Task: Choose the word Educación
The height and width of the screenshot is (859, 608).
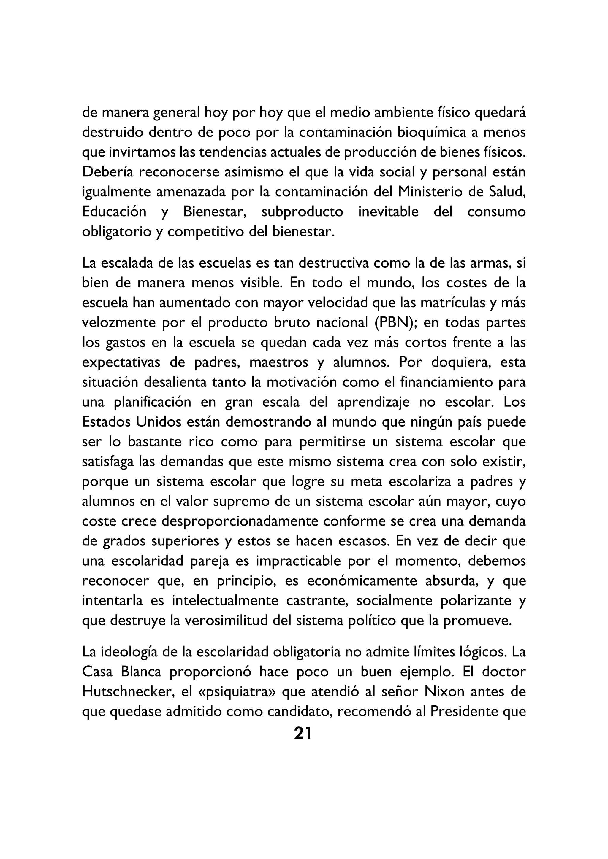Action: [x=114, y=212]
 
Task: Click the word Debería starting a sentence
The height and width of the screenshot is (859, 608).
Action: [x=107, y=172]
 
